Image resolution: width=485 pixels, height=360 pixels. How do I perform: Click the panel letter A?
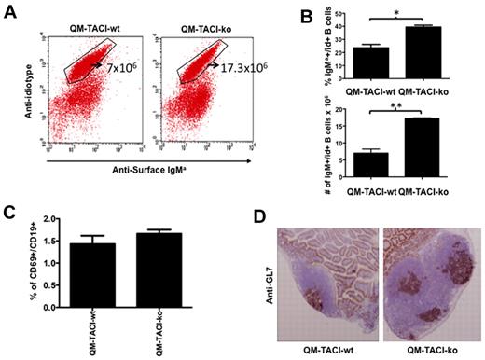pos(11,10)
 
